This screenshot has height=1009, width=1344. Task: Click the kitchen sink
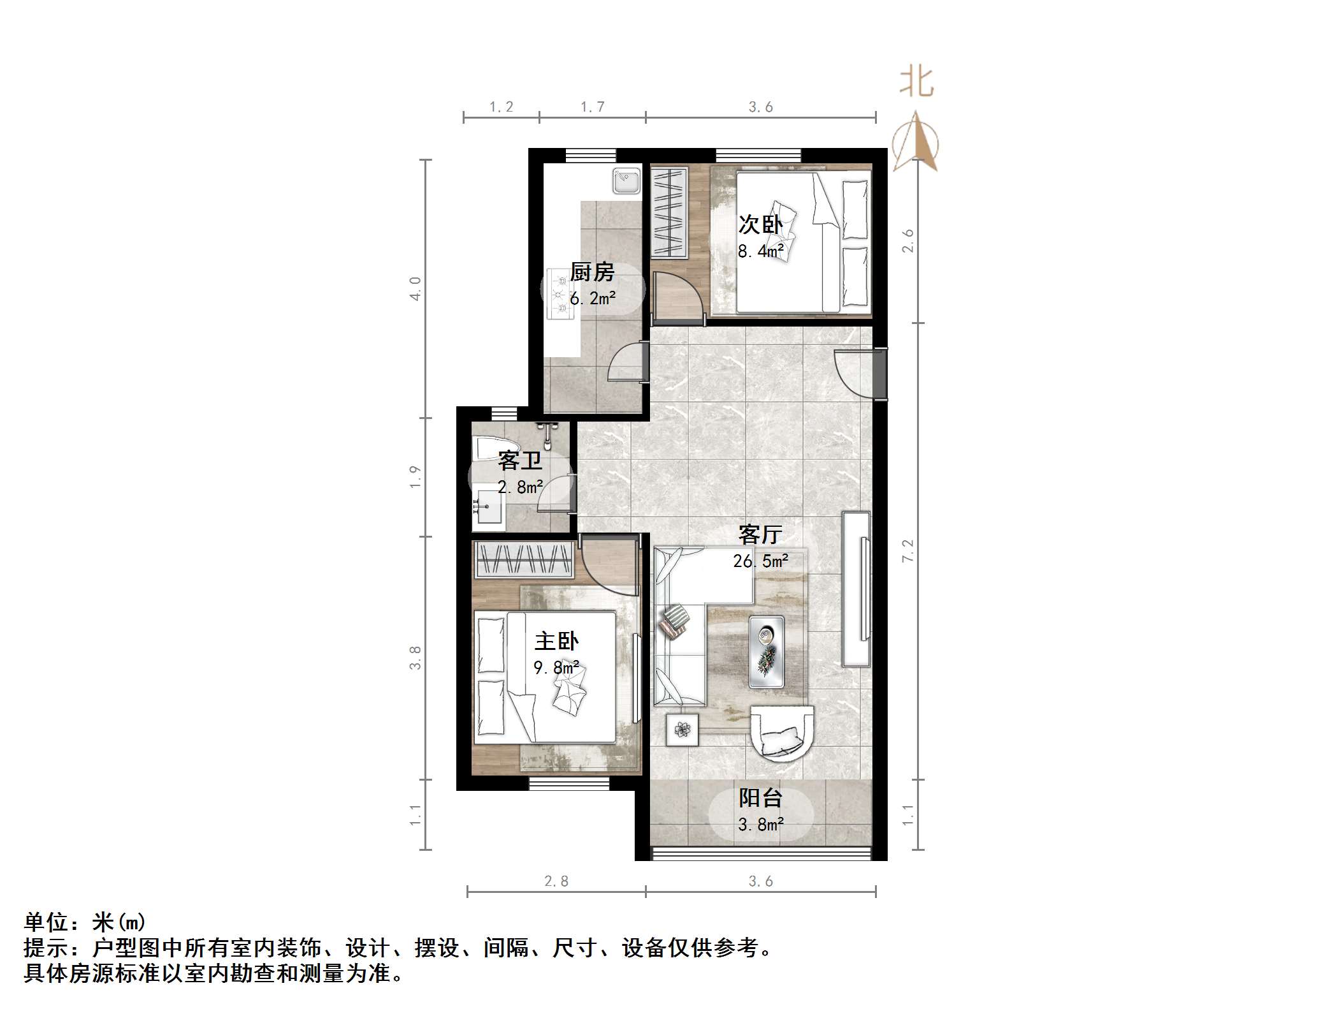tap(626, 181)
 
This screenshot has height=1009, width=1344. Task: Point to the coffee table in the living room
tap(766, 651)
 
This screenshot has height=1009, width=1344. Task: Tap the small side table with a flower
tap(682, 729)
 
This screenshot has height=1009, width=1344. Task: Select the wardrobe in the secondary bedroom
tap(669, 213)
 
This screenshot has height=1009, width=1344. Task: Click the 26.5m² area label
tap(760, 561)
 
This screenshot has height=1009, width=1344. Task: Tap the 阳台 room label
tap(760, 798)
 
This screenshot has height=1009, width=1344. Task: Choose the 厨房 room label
tap(592, 272)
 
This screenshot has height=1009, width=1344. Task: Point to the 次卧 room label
tap(760, 225)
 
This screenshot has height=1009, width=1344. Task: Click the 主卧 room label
tap(556, 641)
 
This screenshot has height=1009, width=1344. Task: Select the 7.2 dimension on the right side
tap(907, 550)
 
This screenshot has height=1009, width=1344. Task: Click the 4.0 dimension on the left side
tap(415, 288)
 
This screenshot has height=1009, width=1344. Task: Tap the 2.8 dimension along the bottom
tap(556, 881)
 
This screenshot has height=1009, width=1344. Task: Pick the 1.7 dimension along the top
tap(592, 107)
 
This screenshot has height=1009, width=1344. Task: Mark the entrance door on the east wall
tap(879, 374)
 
